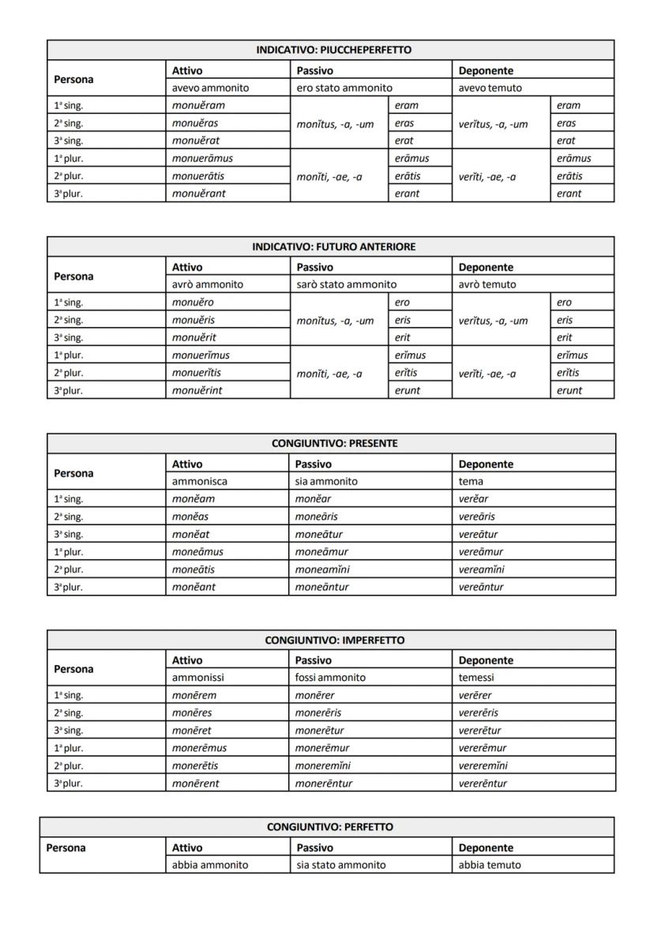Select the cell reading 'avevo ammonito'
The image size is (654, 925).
coord(210,88)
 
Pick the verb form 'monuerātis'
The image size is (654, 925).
coord(203,176)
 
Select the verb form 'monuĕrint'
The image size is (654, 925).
coord(197,389)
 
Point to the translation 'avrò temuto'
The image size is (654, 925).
coord(487,284)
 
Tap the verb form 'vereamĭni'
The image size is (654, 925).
coord(482,569)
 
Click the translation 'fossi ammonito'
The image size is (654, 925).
coord(329,677)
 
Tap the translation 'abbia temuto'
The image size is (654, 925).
coord(490,864)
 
